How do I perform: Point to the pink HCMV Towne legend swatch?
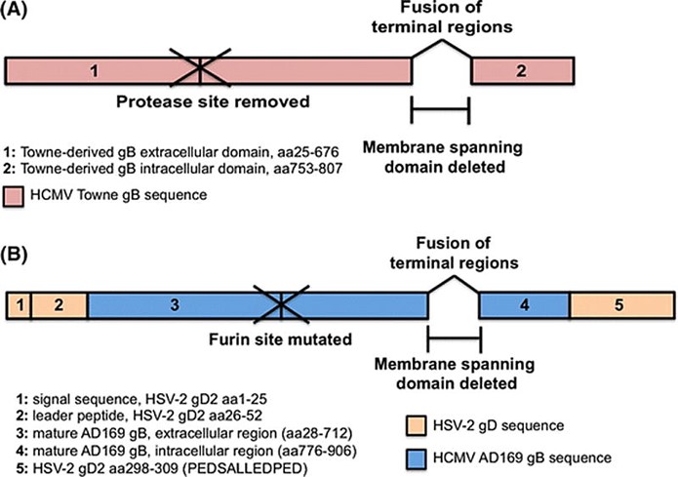[17, 197]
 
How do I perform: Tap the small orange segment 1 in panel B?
[19, 305]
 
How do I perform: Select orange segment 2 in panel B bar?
[59, 305]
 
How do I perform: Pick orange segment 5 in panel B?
[618, 305]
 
